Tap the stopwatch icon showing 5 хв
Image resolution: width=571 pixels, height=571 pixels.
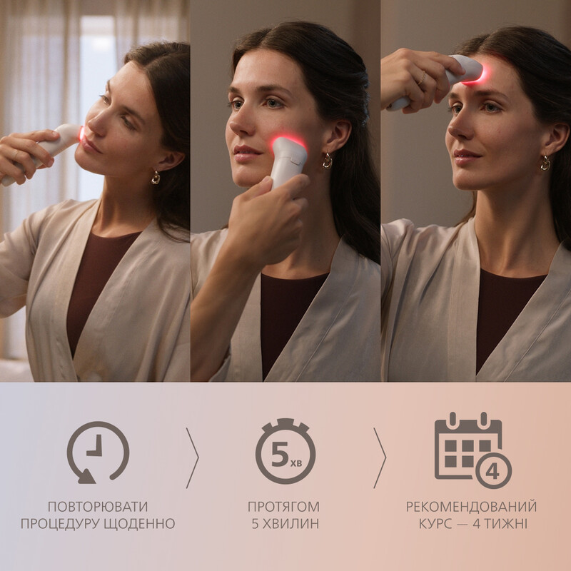point(285,451)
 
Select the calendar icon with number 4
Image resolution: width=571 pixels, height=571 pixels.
point(473,450)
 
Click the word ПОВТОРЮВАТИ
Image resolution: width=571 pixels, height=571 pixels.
point(98,507)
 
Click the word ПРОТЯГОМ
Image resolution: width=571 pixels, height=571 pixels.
point(283,507)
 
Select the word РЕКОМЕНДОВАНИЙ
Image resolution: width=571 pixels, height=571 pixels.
point(472,507)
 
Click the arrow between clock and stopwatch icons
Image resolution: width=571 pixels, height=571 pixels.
point(193,458)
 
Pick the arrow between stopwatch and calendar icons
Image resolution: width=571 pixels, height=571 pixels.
point(380,458)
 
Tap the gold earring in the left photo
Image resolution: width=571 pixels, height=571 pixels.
point(156,177)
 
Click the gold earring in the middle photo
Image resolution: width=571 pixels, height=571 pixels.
point(328,161)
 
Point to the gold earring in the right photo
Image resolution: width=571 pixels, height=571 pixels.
point(545,163)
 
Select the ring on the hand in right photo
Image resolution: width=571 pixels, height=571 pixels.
point(423,79)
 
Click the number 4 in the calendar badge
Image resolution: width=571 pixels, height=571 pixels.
point(492,472)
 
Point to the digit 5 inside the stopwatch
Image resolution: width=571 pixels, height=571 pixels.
point(280,454)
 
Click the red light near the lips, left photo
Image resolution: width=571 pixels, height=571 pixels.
point(81,133)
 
